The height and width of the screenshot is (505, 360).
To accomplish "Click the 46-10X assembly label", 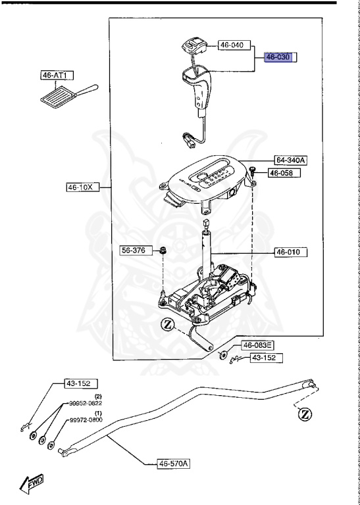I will pyautogui.click(x=83, y=187).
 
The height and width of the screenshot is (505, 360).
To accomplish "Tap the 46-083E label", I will pyautogui.click(x=258, y=345).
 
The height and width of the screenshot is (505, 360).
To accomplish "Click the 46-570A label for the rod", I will pyautogui.click(x=174, y=464).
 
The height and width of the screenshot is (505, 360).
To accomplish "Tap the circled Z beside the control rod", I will pyautogui.click(x=305, y=414).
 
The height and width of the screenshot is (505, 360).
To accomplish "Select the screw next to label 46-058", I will pyautogui.click(x=253, y=173).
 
